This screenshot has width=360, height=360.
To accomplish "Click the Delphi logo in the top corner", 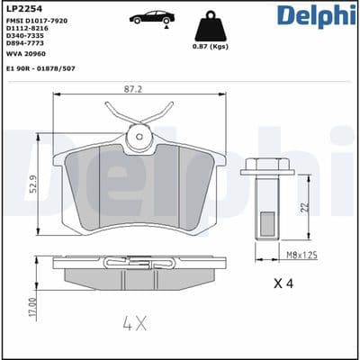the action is coord(317,15).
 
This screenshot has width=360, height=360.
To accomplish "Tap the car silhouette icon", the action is coord(152,18).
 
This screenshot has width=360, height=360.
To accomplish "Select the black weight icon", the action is coord(211,26).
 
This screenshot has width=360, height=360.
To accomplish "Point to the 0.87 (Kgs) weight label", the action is coord(211,47).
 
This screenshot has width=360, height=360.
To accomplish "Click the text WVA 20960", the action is coord(26,54).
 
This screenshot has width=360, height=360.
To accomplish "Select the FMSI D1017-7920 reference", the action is coord(37,21).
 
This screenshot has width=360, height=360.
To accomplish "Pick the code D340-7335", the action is coord(25,36).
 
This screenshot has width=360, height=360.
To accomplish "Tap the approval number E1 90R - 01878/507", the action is coord(40,68).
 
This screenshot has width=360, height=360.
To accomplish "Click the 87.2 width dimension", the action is coord(133,89).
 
